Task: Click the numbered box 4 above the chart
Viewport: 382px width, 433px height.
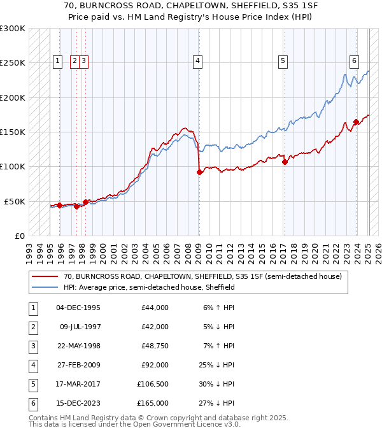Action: pyautogui.click(x=198, y=61)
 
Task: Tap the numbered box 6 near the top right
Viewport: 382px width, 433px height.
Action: pyautogui.click(x=354, y=61)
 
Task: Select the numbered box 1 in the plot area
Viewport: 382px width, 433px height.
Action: pyautogui.click(x=57, y=61)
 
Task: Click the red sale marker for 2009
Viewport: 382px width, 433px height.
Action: pyautogui.click(x=199, y=172)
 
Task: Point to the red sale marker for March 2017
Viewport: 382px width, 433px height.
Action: pyautogui.click(x=285, y=162)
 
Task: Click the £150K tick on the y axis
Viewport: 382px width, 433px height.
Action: pyautogui.click(x=13, y=132)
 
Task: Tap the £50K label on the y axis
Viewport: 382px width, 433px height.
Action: pyautogui.click(x=15, y=201)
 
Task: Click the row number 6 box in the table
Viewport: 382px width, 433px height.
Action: pyautogui.click(x=31, y=403)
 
